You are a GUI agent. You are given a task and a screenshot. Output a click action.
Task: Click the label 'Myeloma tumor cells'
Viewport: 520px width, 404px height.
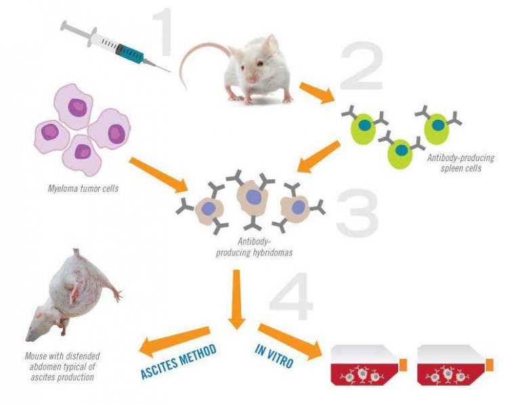(84, 188)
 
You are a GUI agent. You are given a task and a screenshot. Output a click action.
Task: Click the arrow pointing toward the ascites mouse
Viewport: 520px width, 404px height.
(172, 338)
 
